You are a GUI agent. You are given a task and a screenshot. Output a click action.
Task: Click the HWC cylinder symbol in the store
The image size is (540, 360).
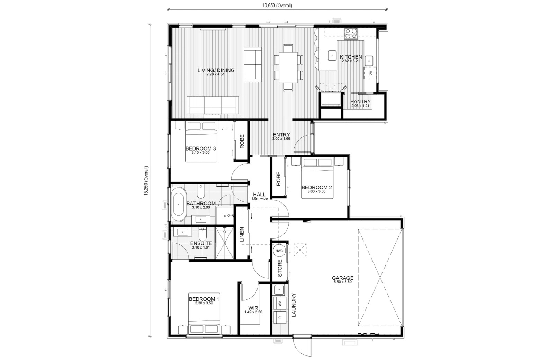click(x=279, y=251)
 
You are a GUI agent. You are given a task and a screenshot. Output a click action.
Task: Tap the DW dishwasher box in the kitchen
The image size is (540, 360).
click(x=370, y=73)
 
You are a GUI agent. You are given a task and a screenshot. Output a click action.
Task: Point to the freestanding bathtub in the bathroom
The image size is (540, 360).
click(x=178, y=204)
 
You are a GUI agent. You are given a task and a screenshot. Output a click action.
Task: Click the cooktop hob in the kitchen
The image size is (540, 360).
click(x=351, y=34)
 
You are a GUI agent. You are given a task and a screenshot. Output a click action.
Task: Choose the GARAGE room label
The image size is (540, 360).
click(x=343, y=278)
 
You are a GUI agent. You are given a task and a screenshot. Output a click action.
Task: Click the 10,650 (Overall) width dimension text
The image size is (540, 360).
click(x=277, y=6)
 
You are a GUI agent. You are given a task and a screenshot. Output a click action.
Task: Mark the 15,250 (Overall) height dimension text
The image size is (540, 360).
click(x=146, y=181)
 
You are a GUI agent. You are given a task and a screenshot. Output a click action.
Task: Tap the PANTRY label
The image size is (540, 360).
click(x=360, y=102)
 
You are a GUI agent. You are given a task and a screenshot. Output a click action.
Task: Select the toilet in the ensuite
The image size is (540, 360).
click(x=202, y=234)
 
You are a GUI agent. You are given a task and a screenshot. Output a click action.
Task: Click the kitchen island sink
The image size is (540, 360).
click(x=332, y=55)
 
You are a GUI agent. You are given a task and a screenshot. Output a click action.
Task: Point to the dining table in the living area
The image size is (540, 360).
click(x=288, y=67)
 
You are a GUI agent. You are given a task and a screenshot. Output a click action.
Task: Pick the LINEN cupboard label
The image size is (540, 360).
click(x=242, y=234)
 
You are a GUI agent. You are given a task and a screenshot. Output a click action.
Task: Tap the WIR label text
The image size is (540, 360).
click(x=253, y=308)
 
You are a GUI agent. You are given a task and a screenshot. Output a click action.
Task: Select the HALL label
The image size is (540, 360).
click(x=259, y=194)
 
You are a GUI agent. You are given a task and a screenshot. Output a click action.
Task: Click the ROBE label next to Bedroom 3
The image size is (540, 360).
click(x=242, y=141)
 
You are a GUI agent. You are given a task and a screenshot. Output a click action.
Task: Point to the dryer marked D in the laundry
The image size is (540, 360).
click(x=280, y=317)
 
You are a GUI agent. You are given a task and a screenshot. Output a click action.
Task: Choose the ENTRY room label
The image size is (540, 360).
click(x=281, y=135)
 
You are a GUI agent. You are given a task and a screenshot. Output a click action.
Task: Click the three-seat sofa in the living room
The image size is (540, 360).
click(x=213, y=105)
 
